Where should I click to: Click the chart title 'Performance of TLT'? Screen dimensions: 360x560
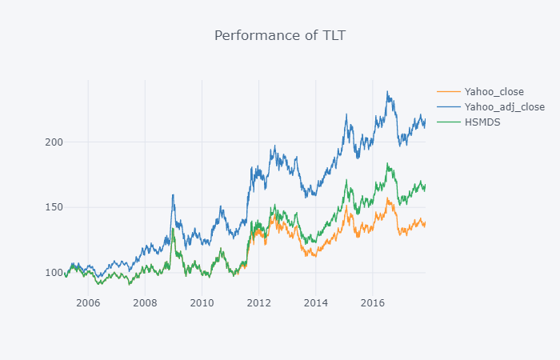tap(280, 35)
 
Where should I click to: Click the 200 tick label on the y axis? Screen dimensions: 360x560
tap(54, 142)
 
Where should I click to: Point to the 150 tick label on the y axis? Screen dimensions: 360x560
tap(54, 207)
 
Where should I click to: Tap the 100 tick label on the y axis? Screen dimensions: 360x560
tap(54, 273)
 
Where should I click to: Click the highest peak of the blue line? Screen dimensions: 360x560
tap(387, 91)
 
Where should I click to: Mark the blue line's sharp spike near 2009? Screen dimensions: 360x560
tap(173, 194)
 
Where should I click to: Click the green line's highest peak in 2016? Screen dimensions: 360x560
tap(387, 163)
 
